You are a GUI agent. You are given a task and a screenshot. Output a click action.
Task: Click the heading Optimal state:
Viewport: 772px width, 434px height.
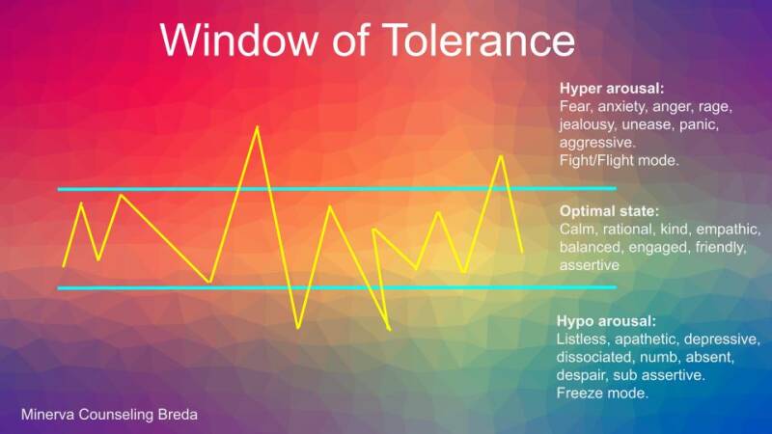tap(609, 210)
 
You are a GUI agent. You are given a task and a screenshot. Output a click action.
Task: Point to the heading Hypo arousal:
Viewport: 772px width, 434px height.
tap(606, 321)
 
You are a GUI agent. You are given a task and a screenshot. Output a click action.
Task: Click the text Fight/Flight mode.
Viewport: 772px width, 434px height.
tap(620, 160)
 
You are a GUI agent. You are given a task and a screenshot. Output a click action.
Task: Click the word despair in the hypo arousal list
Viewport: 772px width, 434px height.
tap(583, 375)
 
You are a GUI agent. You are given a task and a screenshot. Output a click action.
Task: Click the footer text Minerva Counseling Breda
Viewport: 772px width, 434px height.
tap(110, 414)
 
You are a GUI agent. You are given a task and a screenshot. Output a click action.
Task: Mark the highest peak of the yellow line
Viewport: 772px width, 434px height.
tap(257, 127)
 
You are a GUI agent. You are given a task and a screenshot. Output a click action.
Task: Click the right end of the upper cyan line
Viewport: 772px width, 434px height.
tap(614, 188)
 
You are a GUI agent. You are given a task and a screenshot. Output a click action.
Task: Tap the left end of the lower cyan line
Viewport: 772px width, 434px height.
tap(60, 287)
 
